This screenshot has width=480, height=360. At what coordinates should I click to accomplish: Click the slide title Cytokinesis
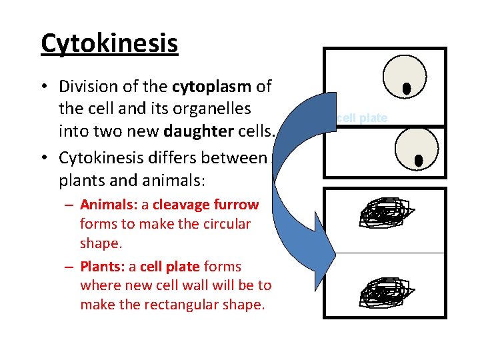tap(109, 43)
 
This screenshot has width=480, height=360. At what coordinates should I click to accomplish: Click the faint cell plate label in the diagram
tap(363, 118)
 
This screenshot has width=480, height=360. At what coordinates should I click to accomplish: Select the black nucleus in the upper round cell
tap(406, 89)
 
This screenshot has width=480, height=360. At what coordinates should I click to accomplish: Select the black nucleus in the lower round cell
tap(419, 160)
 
